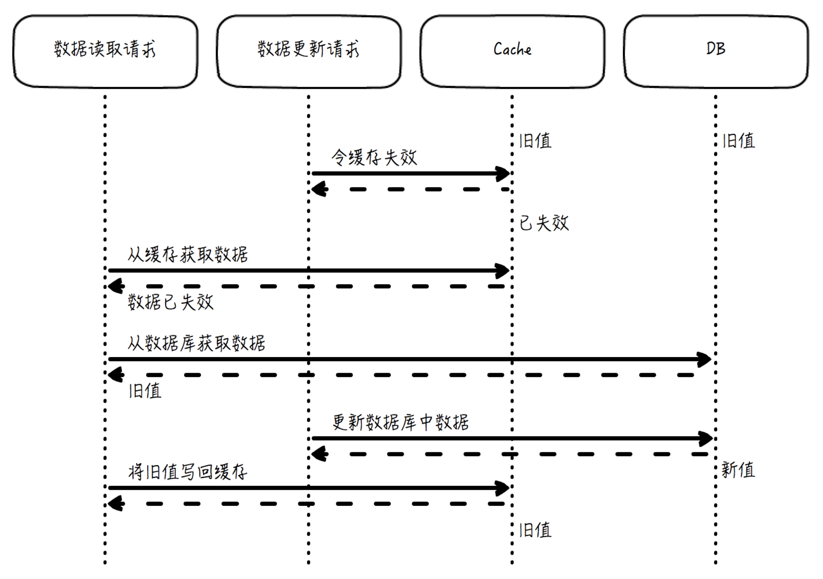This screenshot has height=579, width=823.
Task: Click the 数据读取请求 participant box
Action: (105, 52)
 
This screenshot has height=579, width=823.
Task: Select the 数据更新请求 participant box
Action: (309, 52)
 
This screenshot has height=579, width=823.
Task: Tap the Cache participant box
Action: (513, 52)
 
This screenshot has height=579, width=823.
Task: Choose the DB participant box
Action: (716, 52)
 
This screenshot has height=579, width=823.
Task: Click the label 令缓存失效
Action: (374, 157)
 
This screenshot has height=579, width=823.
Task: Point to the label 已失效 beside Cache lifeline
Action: (544, 223)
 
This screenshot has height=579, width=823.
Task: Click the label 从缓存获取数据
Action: (188, 255)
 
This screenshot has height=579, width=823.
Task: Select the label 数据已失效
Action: (170, 302)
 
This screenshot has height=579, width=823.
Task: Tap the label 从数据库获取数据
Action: (196, 343)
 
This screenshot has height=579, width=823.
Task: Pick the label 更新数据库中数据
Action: (400, 422)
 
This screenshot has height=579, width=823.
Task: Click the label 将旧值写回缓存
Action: (188, 472)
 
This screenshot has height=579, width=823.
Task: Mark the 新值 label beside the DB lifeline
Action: (738, 469)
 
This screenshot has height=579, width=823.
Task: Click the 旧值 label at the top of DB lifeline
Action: (739, 140)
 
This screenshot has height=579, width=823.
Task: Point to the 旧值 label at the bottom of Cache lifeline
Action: (535, 529)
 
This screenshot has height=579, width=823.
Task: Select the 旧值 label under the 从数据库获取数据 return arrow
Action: (145, 391)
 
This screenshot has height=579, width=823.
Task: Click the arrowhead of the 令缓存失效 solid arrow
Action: (503, 174)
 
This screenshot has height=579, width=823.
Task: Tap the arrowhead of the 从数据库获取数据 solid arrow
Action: (705, 359)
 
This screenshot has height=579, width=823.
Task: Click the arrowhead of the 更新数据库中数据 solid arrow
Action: (706, 439)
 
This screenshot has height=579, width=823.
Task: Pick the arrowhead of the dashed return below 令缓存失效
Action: (319, 189)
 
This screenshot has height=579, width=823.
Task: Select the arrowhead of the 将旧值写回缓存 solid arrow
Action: (503, 488)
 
